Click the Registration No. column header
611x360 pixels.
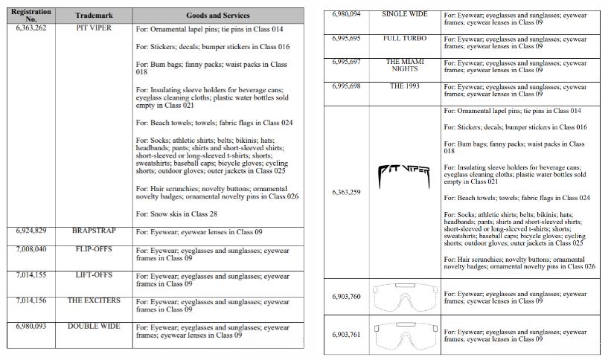[x=31, y=15]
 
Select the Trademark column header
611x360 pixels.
[x=94, y=16]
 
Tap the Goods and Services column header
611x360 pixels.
[x=218, y=16]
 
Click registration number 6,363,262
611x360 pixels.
[x=31, y=28]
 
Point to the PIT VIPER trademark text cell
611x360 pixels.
[x=94, y=28]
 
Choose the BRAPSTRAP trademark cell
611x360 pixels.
[x=94, y=231]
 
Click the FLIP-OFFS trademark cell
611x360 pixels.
[x=94, y=250]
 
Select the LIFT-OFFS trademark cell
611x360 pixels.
[x=94, y=275]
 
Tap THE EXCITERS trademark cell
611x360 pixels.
[x=94, y=300]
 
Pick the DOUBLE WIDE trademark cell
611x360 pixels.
[x=94, y=326]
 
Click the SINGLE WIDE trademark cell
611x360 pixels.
[x=405, y=14]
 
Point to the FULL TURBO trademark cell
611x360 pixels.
[x=405, y=37]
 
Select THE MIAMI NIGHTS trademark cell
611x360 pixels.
[x=405, y=65]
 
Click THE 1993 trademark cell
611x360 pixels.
[x=405, y=86]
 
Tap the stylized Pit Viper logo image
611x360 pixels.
[x=405, y=174]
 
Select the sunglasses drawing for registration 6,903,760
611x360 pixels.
[x=405, y=296]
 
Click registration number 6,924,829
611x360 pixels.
[x=31, y=231]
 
